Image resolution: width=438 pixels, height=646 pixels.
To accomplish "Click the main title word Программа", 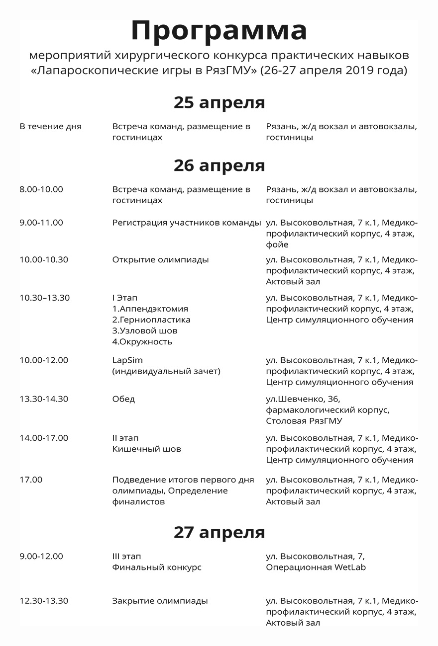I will click(219, 31).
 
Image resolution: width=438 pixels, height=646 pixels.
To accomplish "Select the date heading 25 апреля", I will click(219, 102).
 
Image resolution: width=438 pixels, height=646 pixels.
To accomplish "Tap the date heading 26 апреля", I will click(219, 165).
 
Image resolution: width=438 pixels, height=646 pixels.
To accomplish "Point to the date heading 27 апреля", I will click(219, 532).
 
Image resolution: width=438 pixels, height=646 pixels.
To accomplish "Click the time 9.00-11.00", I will click(41, 223).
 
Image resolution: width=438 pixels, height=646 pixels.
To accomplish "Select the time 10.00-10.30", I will click(44, 260).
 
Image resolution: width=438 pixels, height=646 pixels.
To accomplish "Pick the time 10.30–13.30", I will click(45, 298).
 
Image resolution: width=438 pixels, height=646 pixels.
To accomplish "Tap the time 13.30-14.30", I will click(44, 399).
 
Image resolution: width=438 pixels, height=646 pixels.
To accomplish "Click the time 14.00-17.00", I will click(44, 438).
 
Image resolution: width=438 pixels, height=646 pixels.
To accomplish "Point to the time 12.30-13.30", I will click(44, 601).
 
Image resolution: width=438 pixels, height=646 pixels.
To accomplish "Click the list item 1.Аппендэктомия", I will click(150, 309).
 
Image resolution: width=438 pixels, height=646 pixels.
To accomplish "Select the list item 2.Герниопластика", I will click(151, 320).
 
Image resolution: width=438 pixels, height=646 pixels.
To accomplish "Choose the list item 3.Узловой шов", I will click(145, 331).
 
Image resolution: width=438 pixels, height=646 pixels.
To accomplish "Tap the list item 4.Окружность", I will click(142, 342).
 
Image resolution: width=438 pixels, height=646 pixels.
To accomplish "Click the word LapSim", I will click(127, 360).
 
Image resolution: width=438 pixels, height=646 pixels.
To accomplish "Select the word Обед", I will click(123, 399).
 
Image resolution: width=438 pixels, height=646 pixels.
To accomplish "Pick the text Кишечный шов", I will click(147, 449).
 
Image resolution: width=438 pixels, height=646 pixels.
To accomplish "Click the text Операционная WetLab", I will click(316, 567).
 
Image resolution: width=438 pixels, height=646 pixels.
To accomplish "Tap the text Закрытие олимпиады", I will click(160, 601).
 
